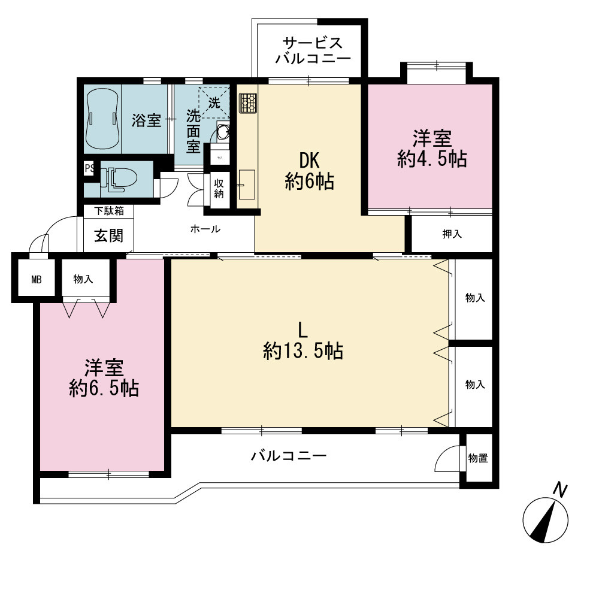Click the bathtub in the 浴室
[103, 119]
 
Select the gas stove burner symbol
[248, 103]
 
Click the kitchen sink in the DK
[247, 184]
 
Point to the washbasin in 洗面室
[223, 132]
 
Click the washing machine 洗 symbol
[214, 103]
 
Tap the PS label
[89, 168]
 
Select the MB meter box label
[37, 280]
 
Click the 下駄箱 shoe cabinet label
[109, 211]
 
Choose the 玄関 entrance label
[109, 235]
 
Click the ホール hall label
[205, 229]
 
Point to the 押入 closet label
[452, 234]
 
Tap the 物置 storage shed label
[478, 458]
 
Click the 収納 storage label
[219, 188]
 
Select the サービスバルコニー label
[313, 50]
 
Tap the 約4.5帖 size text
[432, 159]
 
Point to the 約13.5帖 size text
[303, 350]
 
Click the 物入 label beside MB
[83, 279]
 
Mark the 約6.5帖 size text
[104, 389]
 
